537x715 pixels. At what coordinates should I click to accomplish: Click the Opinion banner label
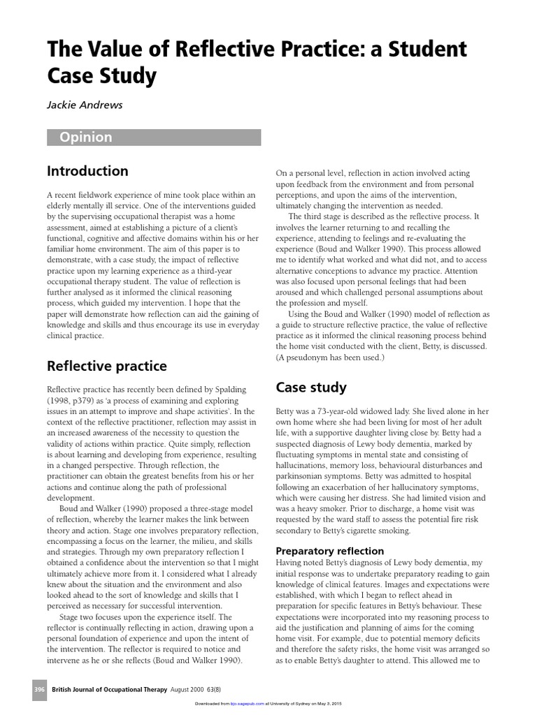point(85,138)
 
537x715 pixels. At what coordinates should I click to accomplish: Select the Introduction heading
point(87,171)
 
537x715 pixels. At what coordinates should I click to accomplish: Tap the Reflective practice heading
point(106,366)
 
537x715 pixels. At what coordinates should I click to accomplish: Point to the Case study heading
point(311,387)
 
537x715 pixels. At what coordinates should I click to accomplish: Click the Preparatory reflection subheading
point(330,551)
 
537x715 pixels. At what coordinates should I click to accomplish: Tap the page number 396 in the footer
point(39,690)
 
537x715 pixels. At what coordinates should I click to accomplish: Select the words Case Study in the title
point(101,75)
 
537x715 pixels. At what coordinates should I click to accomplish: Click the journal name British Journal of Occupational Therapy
point(110,690)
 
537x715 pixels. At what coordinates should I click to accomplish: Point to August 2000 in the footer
point(190,690)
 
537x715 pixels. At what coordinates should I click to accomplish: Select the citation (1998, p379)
point(74,401)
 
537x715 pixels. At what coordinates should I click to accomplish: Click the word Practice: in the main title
point(304,50)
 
